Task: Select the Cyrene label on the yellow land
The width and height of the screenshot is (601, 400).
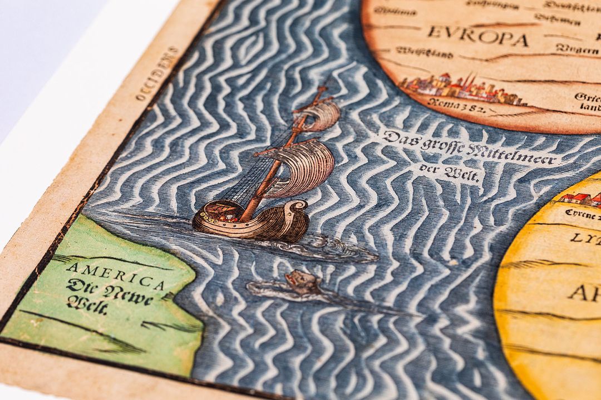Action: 582,213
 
